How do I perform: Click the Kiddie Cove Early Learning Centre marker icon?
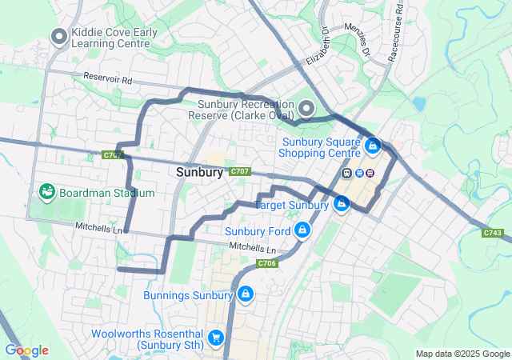click(x=58, y=36)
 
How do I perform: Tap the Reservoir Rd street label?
click(x=107, y=79)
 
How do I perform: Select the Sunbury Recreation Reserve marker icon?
click(x=306, y=108)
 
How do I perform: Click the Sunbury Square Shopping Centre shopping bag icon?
click(x=372, y=146)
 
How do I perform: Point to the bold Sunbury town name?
click(x=199, y=172)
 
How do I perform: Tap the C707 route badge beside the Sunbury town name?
click(x=240, y=172)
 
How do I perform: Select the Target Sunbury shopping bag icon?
click(x=342, y=204)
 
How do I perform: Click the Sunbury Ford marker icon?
click(x=302, y=231)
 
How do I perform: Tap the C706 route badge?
click(x=266, y=263)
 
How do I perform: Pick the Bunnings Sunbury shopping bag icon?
click(x=244, y=295)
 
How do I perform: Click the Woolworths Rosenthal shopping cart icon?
click(x=214, y=338)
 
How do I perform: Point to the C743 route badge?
click(x=493, y=233)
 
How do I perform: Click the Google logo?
click(x=26, y=350)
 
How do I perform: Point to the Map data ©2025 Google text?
click(x=462, y=354)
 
